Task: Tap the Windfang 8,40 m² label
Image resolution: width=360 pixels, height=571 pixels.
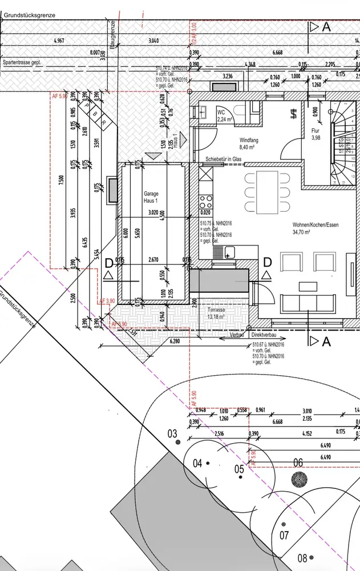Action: [250, 142]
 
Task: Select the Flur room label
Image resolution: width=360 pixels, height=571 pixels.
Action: [315, 133]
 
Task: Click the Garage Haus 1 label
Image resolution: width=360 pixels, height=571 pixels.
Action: [151, 197]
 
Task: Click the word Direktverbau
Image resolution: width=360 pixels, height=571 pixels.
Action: [264, 336]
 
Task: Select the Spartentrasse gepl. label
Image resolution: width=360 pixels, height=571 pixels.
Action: [24, 62]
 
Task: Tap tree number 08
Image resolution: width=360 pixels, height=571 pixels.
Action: [302, 557]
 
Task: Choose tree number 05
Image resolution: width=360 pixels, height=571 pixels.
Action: [240, 469]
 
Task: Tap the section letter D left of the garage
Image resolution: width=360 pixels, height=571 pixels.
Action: [108, 263]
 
